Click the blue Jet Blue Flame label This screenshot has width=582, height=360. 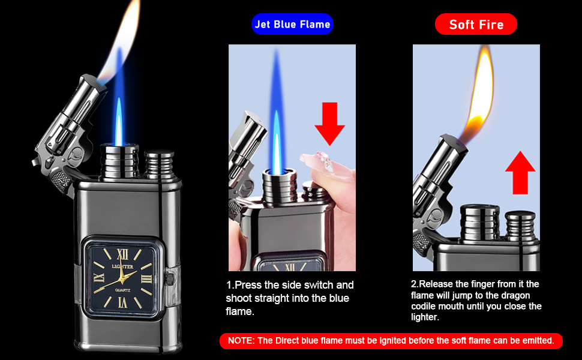coord(292,24)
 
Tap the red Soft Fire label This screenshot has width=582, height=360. coord(476,24)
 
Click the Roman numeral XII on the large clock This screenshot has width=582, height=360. coord(125,253)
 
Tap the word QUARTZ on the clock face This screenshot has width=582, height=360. coord(125,290)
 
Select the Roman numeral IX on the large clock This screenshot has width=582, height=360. coord(100,277)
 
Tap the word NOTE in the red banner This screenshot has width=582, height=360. coord(241,341)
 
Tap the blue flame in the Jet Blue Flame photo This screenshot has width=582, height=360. coord(277,120)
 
